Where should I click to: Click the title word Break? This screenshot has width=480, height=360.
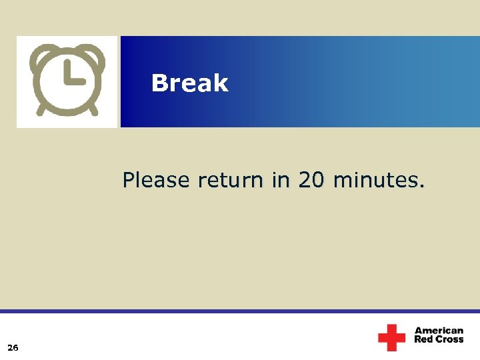click(x=189, y=83)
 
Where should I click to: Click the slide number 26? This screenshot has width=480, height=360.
click(x=13, y=347)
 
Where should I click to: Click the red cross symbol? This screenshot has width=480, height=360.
click(x=391, y=337)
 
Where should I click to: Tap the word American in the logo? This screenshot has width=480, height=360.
click(x=439, y=331)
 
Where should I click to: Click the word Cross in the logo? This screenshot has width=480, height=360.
click(x=449, y=340)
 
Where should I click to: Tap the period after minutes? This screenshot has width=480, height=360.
click(x=421, y=186)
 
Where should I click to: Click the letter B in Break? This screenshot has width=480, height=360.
click(x=159, y=83)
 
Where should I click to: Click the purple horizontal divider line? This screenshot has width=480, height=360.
click(x=240, y=311)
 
